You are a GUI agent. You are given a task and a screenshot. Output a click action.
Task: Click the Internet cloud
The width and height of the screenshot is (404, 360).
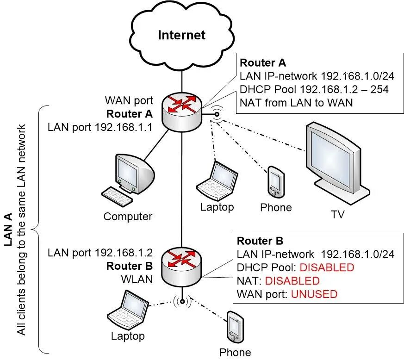(x=182, y=35)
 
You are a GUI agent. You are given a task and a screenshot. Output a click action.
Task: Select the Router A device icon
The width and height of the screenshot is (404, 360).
(x=182, y=109)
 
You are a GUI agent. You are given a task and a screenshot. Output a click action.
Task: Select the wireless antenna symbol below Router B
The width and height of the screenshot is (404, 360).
(x=182, y=302)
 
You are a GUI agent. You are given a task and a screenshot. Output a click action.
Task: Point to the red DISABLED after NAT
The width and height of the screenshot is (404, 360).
(x=292, y=281)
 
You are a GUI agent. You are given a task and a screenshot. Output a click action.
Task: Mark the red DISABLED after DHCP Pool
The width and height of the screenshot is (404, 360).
(x=326, y=267)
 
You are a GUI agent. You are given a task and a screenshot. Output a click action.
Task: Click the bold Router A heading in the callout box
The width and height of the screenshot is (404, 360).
(x=263, y=63)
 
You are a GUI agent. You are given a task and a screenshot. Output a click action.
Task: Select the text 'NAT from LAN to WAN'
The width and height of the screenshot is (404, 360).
(x=296, y=103)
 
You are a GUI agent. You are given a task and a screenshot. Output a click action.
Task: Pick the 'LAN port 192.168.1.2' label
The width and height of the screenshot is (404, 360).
(x=100, y=253)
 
